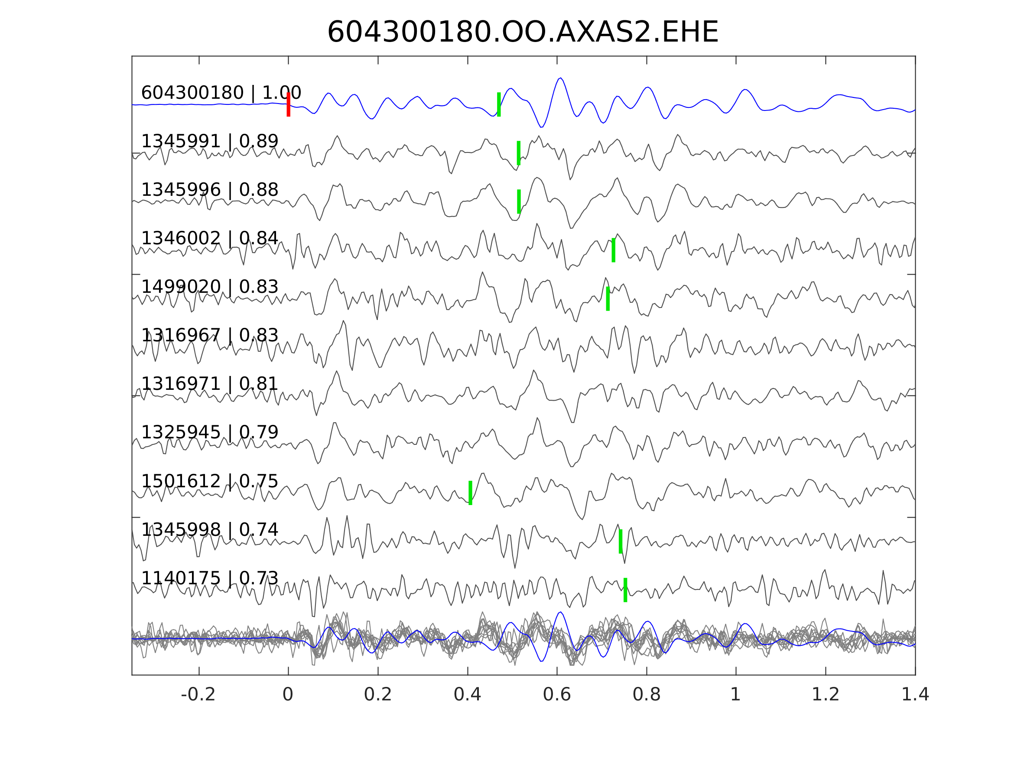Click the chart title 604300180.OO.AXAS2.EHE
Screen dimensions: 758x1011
(523, 32)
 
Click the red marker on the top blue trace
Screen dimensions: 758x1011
(289, 105)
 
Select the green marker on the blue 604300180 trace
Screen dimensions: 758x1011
(499, 105)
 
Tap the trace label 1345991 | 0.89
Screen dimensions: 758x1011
(209, 142)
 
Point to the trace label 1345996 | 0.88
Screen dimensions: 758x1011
(209, 190)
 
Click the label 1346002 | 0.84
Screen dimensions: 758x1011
(209, 239)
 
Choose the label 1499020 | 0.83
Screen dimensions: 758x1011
(209, 287)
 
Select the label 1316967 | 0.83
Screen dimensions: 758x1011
(209, 335)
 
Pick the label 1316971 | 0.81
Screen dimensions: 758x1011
(209, 384)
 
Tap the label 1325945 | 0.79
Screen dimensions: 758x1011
(209, 432)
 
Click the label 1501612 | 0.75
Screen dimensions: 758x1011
(209, 481)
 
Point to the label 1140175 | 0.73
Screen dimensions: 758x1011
(209, 578)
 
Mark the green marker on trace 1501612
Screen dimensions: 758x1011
(470, 493)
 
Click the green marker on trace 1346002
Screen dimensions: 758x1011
(613, 250)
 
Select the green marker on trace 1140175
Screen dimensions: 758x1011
(625, 590)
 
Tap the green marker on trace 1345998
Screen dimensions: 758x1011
(620, 541)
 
